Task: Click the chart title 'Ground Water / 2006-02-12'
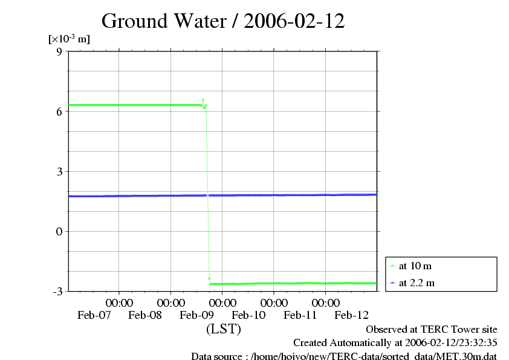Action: [223, 21]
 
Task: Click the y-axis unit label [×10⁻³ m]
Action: [69, 39]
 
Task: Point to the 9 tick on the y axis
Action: [59, 51]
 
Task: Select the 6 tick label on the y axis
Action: [59, 111]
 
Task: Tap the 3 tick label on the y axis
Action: [59, 171]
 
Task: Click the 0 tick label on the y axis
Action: [59, 231]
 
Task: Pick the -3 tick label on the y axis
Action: [57, 291]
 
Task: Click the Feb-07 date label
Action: [94, 315]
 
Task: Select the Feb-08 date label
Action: [146, 315]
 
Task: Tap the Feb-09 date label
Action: [197, 315]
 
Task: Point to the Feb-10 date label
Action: [249, 315]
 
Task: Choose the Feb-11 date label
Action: [300, 315]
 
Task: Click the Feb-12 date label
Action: [352, 315]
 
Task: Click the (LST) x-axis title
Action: [224, 330]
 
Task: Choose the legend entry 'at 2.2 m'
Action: [417, 283]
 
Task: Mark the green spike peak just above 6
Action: [203, 99]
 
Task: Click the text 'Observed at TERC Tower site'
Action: [431, 330]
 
